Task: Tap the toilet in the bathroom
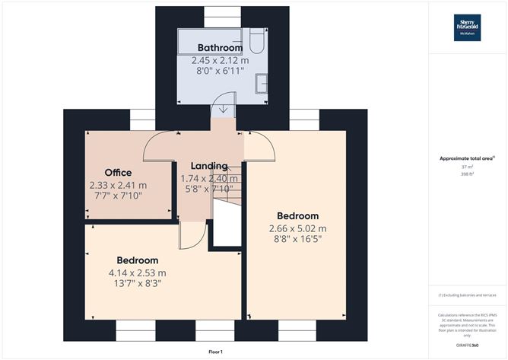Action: point(256,40)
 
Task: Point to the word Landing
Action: point(208,167)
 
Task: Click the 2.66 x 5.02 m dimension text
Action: point(297,228)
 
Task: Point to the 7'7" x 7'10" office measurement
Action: point(118,196)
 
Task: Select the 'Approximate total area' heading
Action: point(466,158)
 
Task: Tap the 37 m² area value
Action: point(466,167)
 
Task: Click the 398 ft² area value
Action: point(466,174)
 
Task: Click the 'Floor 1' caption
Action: point(216,351)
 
